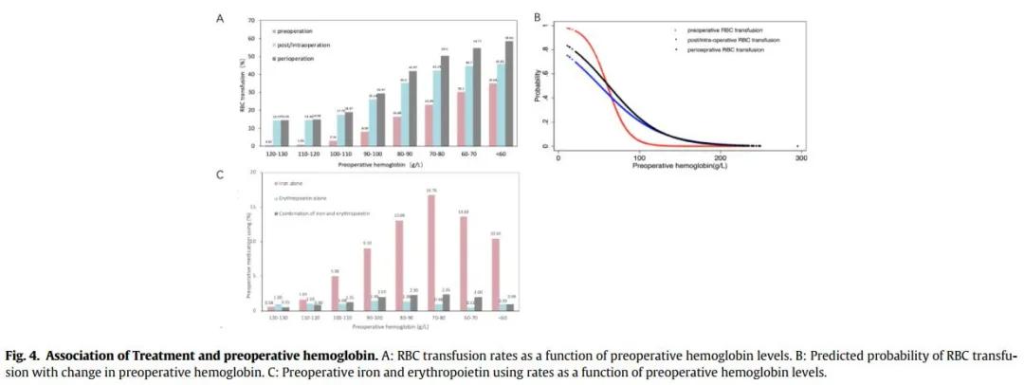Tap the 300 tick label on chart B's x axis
801,157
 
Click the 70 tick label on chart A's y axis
251,20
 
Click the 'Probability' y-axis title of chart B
538,85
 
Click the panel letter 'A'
221,17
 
